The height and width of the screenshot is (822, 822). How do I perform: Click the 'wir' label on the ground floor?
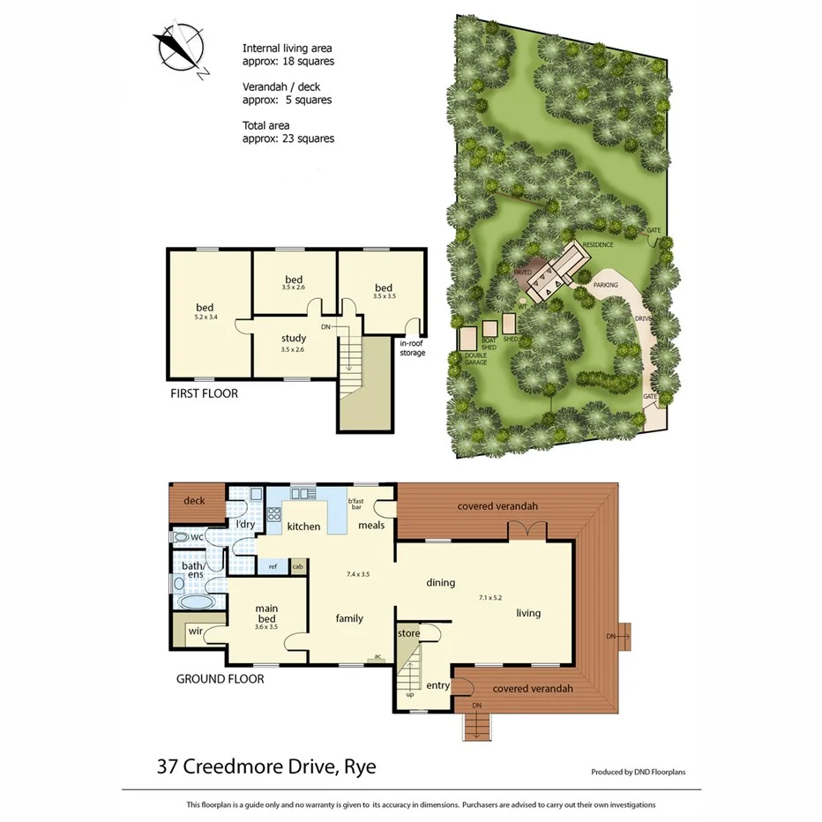click(x=194, y=631)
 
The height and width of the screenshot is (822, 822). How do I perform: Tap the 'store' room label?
click(x=408, y=633)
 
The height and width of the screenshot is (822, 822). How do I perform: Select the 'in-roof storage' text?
click(x=412, y=347)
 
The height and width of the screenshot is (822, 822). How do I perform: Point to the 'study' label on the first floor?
click(x=294, y=338)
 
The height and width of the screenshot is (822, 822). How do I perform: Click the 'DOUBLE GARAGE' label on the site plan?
click(x=475, y=359)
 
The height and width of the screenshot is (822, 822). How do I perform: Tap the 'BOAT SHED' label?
click(x=490, y=344)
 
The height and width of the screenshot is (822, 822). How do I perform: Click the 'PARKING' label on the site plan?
click(x=605, y=286)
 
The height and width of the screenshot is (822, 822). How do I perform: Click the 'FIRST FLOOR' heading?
click(x=204, y=393)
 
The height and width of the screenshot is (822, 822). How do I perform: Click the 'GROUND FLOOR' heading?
click(x=220, y=678)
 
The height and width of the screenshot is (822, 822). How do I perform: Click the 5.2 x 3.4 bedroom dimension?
click(x=205, y=317)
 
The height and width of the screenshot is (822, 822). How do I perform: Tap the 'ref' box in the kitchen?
click(x=273, y=566)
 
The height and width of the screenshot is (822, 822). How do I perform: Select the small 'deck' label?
click(x=194, y=501)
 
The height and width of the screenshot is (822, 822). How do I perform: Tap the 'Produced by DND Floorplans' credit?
click(x=638, y=772)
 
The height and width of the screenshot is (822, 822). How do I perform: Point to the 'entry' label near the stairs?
click(x=437, y=685)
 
